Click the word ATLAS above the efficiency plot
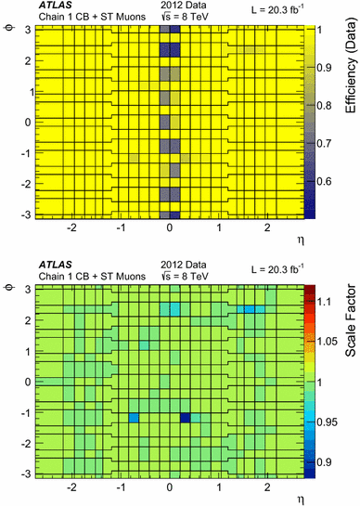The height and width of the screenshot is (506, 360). point(55,6)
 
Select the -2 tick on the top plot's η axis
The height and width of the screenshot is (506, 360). point(71,227)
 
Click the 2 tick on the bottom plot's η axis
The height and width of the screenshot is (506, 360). point(267,485)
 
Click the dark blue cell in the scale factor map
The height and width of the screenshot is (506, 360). point(186,418)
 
